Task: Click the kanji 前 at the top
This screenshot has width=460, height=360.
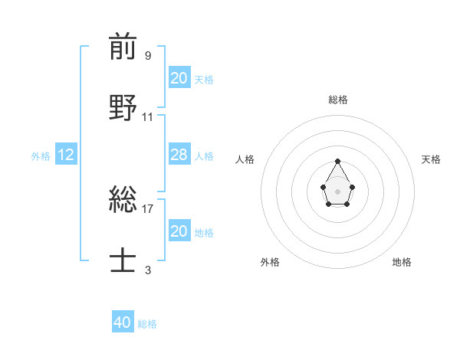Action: click(x=123, y=47)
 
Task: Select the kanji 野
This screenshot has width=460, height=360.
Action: click(x=123, y=108)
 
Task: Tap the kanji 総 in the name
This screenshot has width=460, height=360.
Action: click(x=123, y=200)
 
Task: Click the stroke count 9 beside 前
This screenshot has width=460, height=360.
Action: click(x=147, y=55)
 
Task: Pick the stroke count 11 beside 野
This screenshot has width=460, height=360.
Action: click(x=147, y=116)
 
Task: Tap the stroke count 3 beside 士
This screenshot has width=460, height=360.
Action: click(x=147, y=270)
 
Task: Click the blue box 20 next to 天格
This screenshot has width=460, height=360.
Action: click(x=179, y=78)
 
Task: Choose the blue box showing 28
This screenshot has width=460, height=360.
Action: click(x=179, y=155)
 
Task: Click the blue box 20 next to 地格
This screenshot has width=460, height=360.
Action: click(x=179, y=231)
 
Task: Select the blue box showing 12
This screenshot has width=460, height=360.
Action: click(x=66, y=155)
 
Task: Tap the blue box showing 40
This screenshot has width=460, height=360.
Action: click(x=123, y=322)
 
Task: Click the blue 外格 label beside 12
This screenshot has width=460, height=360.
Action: click(x=41, y=156)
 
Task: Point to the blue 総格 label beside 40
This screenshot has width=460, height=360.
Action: click(x=147, y=324)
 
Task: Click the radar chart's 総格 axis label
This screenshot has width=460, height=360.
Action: click(x=338, y=100)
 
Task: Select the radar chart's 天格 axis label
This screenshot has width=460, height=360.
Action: click(x=431, y=159)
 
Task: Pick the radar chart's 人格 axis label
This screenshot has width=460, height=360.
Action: click(x=245, y=159)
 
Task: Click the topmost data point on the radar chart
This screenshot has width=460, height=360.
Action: click(x=337, y=161)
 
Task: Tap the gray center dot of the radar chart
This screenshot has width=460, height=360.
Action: click(x=337, y=190)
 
